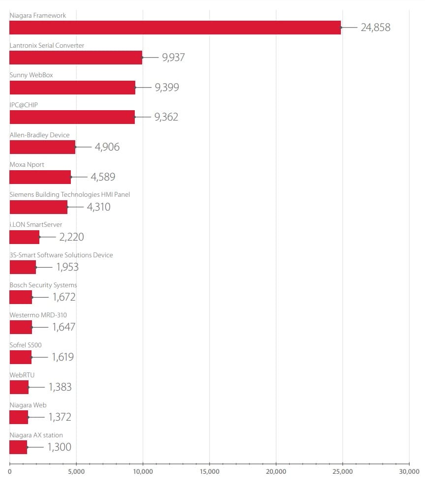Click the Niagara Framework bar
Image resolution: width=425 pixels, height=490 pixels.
click(x=175, y=28)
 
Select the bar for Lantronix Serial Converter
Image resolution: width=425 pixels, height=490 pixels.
click(x=76, y=58)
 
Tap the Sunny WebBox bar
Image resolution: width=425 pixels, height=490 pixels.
click(x=72, y=88)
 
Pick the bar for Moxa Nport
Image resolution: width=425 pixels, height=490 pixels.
click(x=40, y=177)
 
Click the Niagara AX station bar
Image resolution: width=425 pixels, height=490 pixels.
click(x=18, y=447)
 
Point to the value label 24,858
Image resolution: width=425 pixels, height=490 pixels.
click(x=375, y=28)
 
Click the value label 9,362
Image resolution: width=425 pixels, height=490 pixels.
click(x=166, y=117)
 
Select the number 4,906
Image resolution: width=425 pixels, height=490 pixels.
click(x=107, y=147)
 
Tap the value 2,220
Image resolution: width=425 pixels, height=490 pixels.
click(x=71, y=237)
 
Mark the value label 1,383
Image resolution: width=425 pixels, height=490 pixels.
click(x=60, y=387)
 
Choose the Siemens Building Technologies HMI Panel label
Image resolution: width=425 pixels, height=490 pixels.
click(x=70, y=195)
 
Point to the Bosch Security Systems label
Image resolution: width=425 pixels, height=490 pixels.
click(x=43, y=285)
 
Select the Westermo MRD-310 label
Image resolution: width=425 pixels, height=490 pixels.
click(x=38, y=315)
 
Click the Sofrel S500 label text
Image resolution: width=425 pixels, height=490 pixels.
click(x=26, y=345)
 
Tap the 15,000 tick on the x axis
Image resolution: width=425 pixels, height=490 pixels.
click(x=210, y=471)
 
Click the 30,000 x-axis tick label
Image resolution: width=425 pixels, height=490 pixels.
click(x=409, y=471)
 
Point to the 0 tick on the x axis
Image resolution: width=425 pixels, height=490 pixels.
click(x=10, y=471)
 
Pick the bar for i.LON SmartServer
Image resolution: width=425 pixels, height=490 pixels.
click(x=24, y=237)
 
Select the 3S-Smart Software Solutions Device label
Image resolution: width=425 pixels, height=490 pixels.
click(x=61, y=255)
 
